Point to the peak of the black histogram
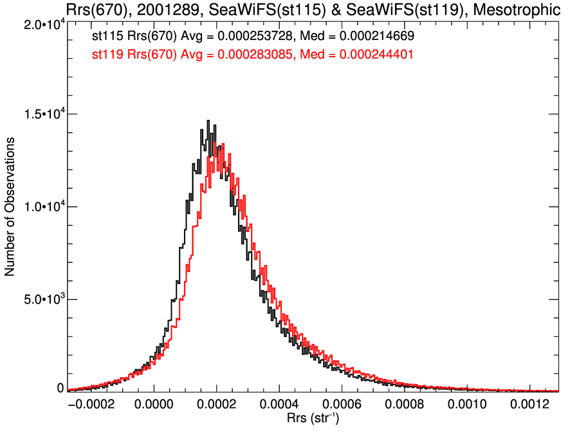click(x=208, y=121)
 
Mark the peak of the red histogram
click(x=223, y=144)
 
